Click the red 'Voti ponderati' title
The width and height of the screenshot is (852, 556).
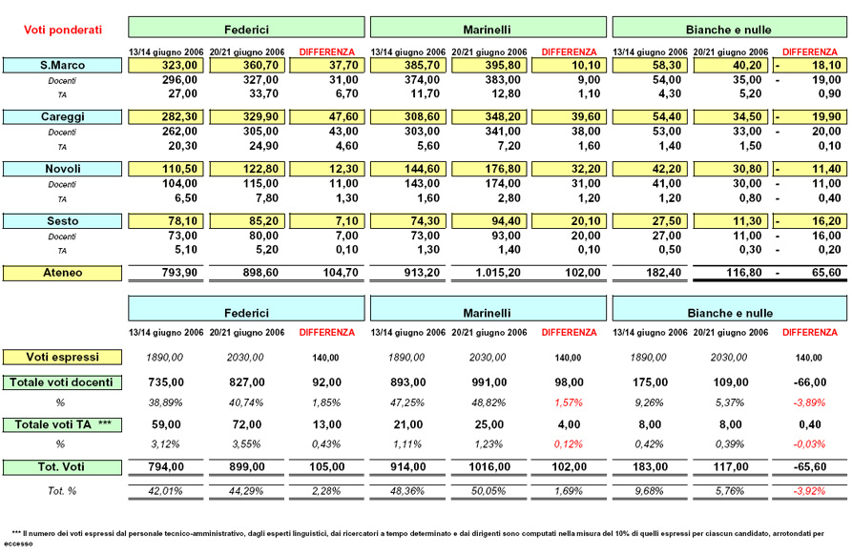point(62,30)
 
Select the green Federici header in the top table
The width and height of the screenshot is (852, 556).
point(246,27)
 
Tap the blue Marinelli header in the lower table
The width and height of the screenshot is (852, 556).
point(488,308)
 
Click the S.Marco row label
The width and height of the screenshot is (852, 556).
point(62,65)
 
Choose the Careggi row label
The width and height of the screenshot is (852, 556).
point(62,116)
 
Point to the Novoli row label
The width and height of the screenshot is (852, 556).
point(62,169)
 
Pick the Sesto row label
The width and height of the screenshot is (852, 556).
point(62,221)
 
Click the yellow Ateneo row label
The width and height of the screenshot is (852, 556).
point(62,273)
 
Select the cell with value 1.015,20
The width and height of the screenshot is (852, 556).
point(498,273)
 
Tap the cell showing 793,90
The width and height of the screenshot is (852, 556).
point(179,273)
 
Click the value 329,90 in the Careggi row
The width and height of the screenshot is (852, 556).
point(260,116)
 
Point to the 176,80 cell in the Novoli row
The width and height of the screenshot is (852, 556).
point(503,169)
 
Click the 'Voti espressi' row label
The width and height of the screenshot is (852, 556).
point(62,358)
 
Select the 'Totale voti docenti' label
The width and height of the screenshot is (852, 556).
point(62,382)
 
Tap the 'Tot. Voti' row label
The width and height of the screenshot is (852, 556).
point(62,467)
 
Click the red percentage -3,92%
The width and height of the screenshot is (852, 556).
point(809,491)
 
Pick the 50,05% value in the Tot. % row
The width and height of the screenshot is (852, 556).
point(488,491)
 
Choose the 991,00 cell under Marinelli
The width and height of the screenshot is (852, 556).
point(489,382)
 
